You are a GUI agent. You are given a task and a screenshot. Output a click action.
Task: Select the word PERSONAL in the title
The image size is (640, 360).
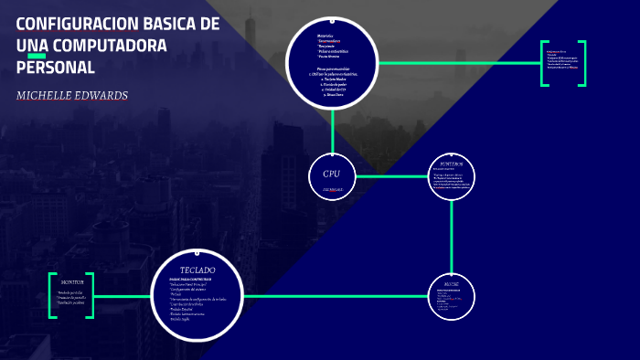point(55,68)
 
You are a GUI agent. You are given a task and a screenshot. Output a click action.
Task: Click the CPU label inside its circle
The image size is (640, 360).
point(331,174)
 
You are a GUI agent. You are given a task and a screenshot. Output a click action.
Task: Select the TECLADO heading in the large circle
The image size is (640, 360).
point(197,270)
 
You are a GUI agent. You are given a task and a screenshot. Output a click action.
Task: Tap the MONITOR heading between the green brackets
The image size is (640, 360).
point(72,281)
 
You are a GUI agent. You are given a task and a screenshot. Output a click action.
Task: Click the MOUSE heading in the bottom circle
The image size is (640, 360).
point(453,284)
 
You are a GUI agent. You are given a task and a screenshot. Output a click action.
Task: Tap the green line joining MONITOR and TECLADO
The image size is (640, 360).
point(122,296)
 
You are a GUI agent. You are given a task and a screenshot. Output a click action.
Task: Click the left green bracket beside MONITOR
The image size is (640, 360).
point(52,295)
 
